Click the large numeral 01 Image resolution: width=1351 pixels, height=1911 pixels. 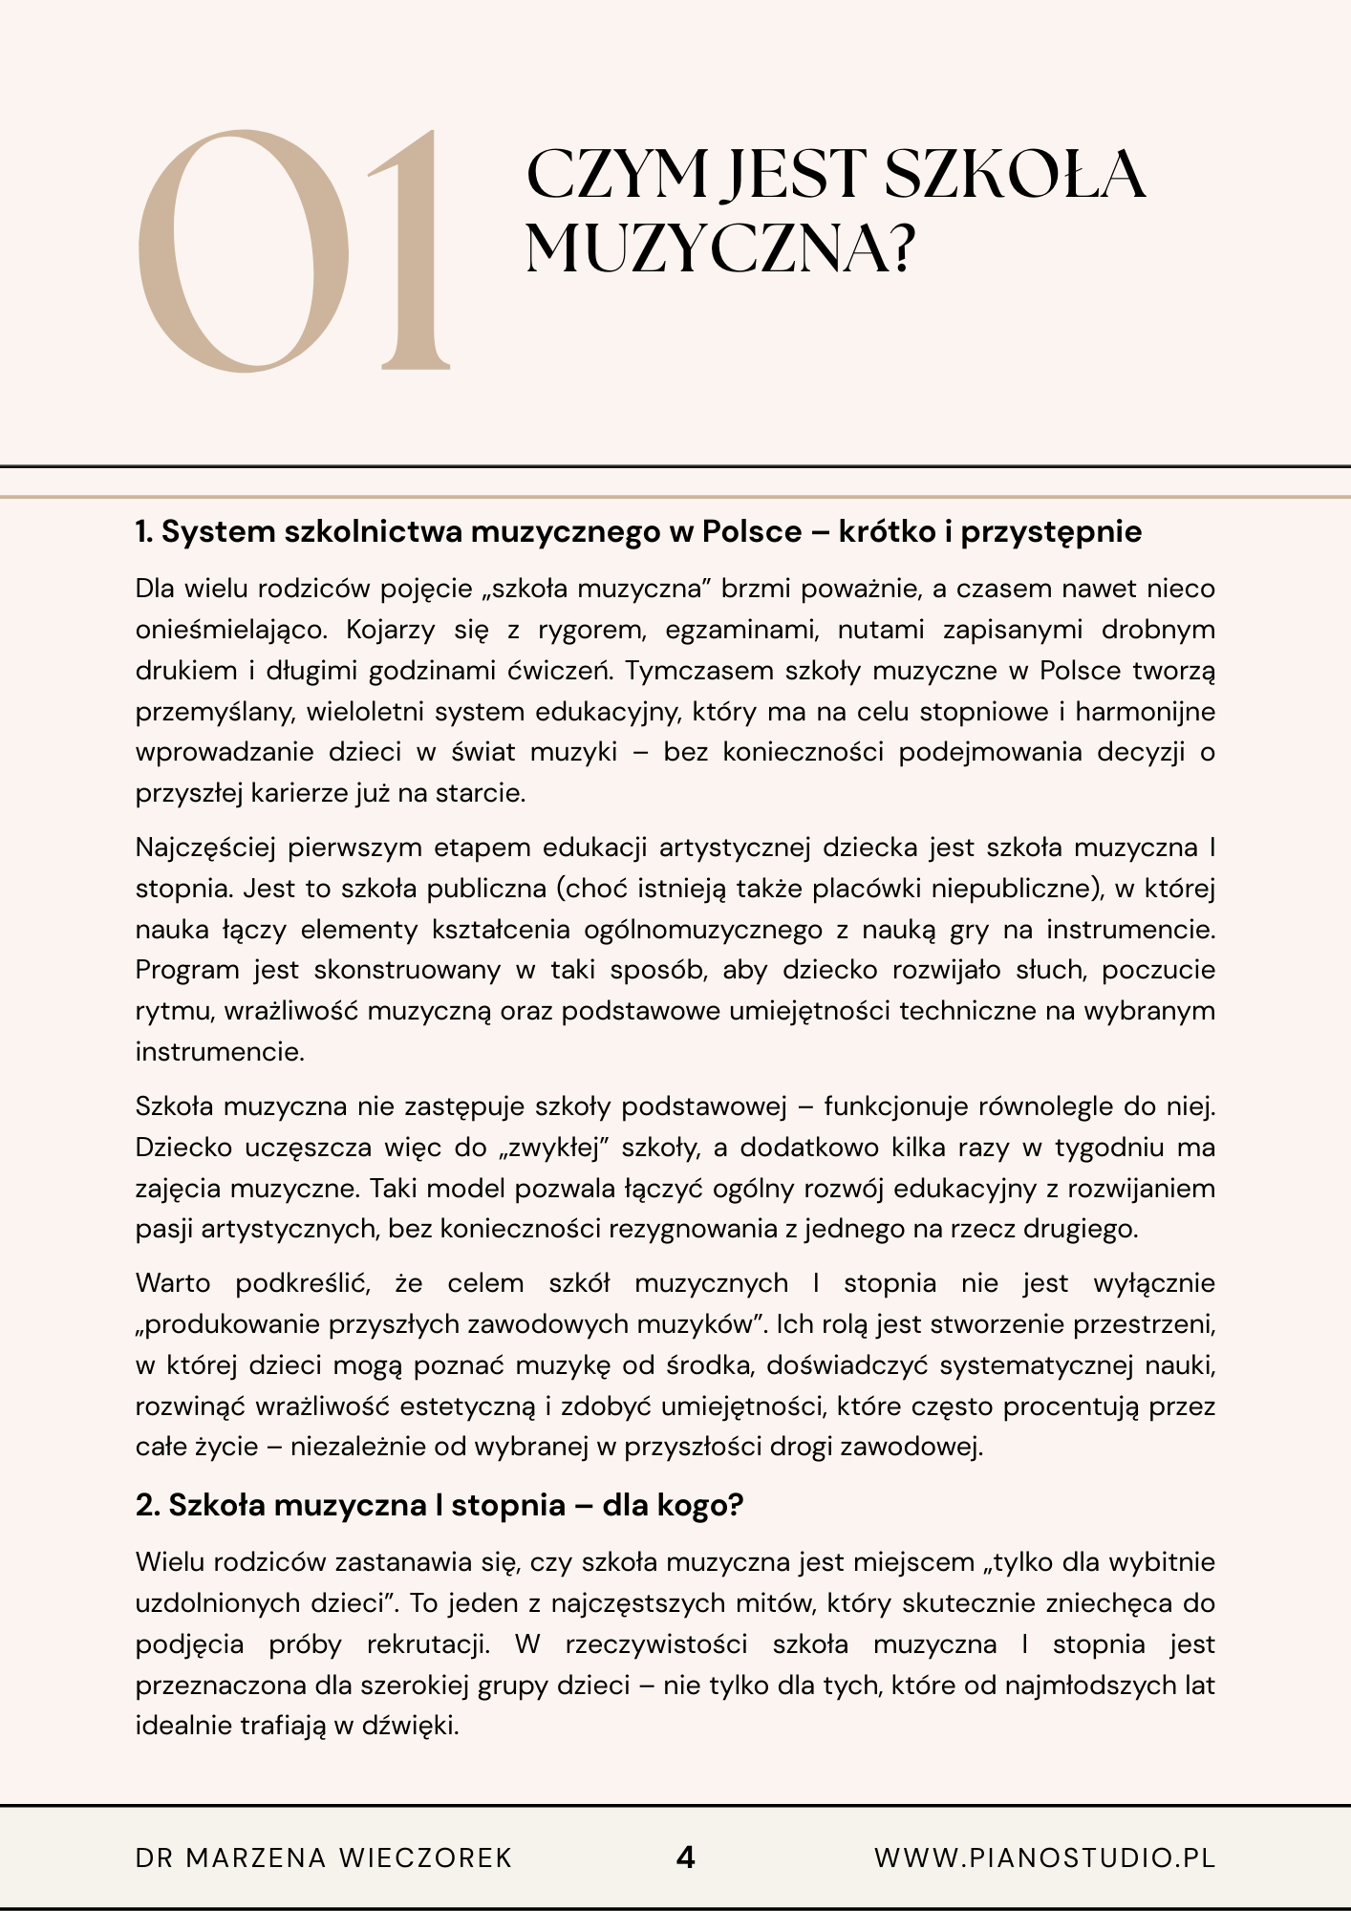click(291, 250)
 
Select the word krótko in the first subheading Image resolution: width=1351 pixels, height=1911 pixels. click(888, 531)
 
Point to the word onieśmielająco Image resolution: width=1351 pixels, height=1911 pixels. click(230, 630)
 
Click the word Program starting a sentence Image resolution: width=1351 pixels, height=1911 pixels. click(187, 970)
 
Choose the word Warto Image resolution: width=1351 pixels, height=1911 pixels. click(173, 1283)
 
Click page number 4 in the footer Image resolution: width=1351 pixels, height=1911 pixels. click(685, 1857)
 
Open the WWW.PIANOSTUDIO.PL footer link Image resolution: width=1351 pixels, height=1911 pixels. click(1044, 1857)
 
